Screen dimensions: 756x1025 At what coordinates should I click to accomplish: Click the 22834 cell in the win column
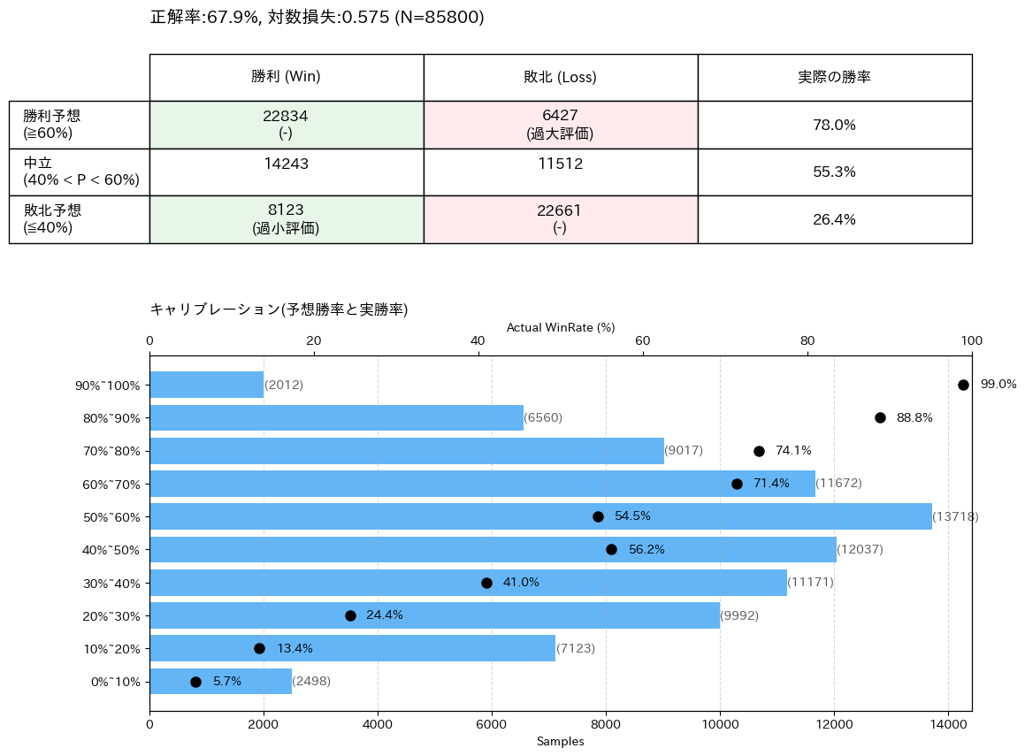(x=286, y=125)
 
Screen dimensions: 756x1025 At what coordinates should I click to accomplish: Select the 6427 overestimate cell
(x=560, y=125)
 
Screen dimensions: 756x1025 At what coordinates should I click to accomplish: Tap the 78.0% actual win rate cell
(x=834, y=125)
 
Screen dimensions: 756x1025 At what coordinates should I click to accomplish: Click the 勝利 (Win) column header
(x=286, y=77)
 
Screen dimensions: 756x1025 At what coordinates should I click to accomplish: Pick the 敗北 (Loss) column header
(x=560, y=77)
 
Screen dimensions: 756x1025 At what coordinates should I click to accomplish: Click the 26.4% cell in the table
(x=834, y=219)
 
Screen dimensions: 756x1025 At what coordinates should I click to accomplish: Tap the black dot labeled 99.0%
(x=963, y=385)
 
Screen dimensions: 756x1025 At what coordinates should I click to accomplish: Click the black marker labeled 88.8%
(x=880, y=417)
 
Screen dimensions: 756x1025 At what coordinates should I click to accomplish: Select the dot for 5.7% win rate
(x=195, y=682)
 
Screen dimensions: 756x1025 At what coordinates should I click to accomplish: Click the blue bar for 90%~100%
(x=206, y=385)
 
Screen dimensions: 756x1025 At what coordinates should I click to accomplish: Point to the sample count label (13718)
(x=956, y=516)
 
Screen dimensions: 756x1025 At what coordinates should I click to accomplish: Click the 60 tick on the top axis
(x=643, y=341)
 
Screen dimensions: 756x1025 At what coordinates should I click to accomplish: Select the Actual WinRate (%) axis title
(x=560, y=327)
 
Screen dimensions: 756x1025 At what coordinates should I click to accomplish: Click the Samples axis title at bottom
(x=560, y=741)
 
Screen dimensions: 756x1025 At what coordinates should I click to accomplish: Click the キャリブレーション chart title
(x=279, y=309)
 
